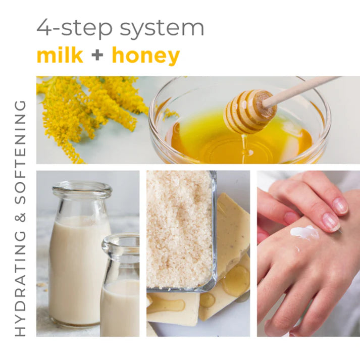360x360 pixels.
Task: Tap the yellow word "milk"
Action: coord(60,55)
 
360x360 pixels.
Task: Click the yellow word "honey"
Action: coord(145,56)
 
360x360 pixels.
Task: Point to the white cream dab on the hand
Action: coord(304,233)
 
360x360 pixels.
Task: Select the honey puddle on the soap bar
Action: coord(235,280)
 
